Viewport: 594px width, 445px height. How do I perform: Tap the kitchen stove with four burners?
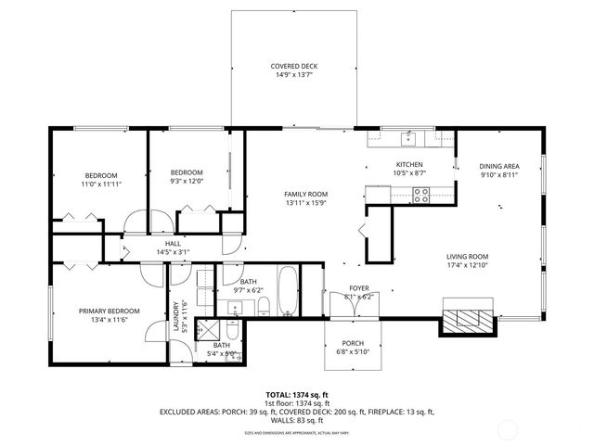click(420, 195)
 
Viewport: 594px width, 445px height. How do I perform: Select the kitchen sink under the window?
click(408, 140)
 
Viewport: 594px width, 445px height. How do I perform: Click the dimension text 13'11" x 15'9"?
click(305, 203)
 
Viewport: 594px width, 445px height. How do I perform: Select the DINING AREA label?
click(499, 165)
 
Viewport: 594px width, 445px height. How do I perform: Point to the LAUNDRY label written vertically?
click(174, 315)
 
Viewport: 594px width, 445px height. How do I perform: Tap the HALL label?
click(173, 243)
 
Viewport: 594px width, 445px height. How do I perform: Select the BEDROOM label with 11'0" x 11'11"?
click(101, 175)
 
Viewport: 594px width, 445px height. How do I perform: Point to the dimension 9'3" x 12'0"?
click(187, 182)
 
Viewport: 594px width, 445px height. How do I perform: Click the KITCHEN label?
click(409, 164)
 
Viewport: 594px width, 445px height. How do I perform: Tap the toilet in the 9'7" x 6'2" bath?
click(264, 308)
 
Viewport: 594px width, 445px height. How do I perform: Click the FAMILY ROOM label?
click(305, 194)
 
